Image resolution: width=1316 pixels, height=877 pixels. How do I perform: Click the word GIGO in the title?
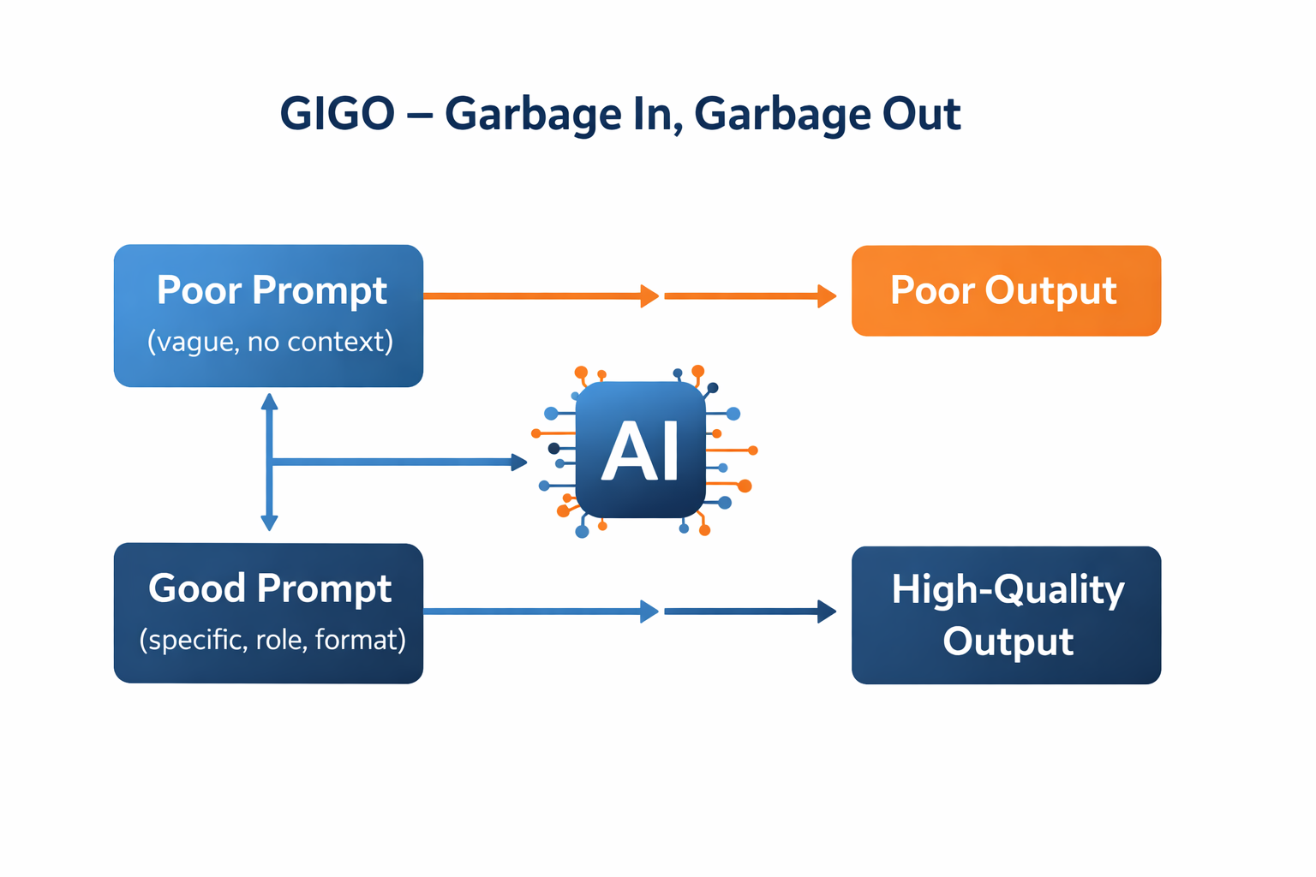tap(338, 114)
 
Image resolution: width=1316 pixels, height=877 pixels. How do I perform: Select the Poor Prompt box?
tap(268, 315)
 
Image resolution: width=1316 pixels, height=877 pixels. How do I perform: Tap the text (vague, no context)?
tap(270, 342)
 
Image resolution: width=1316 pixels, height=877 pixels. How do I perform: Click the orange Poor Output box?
tap(1006, 290)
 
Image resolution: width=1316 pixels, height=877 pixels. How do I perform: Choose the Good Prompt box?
tap(268, 613)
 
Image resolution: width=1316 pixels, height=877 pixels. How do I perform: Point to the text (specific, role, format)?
tap(272, 640)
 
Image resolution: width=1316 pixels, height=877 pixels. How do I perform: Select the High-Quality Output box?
tap(1006, 615)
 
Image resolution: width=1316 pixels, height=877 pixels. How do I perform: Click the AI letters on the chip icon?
tap(640, 451)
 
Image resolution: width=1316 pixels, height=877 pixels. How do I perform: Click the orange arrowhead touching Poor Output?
tap(827, 296)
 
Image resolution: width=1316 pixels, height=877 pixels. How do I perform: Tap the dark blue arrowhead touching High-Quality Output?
tap(827, 612)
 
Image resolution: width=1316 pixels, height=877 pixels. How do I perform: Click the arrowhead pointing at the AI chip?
tap(519, 462)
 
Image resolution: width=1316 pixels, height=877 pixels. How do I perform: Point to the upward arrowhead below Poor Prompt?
tap(269, 401)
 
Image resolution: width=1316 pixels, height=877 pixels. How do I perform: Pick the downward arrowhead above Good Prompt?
tap(269, 522)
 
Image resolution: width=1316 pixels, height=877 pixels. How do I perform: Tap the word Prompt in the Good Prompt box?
tap(324, 589)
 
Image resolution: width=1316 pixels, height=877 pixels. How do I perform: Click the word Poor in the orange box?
tap(933, 290)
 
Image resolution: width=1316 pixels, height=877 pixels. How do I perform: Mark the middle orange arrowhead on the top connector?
tap(650, 296)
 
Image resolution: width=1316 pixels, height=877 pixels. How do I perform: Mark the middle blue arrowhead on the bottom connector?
tap(650, 612)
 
